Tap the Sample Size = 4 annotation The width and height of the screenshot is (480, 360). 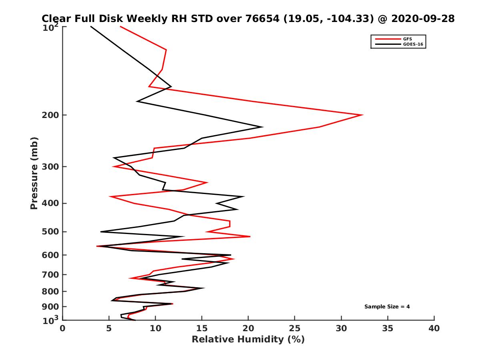pos(387,307)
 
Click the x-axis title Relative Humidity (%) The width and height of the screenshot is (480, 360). pos(248,340)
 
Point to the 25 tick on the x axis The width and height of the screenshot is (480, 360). pos(295,328)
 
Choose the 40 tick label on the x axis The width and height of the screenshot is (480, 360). pos(434,328)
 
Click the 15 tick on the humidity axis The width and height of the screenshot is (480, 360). pos(202,328)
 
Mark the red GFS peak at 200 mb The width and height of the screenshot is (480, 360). pos(362,115)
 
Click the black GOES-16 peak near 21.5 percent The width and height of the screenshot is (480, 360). pos(262,127)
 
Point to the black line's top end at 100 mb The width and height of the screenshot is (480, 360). pos(91,27)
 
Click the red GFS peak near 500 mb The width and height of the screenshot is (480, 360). pos(250,237)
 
